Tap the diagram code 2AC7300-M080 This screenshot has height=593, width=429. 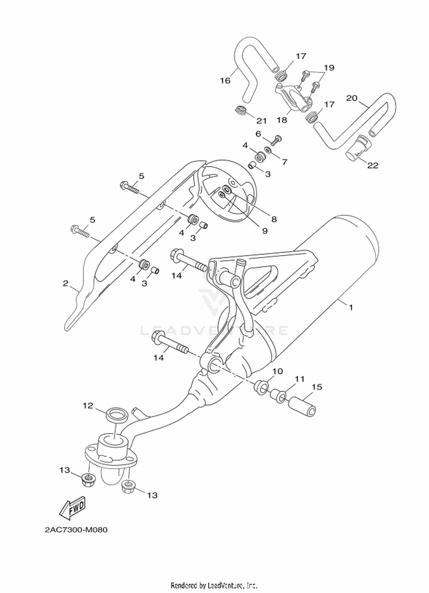(76, 530)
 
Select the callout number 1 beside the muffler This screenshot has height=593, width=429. (351, 308)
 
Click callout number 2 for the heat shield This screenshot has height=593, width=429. (66, 283)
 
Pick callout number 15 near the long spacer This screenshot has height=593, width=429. (317, 387)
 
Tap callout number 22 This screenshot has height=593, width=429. (373, 165)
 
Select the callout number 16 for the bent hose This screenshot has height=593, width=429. (225, 81)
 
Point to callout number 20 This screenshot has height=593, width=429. (352, 98)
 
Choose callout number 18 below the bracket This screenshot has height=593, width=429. (282, 120)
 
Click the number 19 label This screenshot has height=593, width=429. (329, 68)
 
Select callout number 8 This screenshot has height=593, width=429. (274, 219)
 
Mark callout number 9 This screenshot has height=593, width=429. (265, 231)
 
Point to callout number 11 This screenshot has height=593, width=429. (300, 379)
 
